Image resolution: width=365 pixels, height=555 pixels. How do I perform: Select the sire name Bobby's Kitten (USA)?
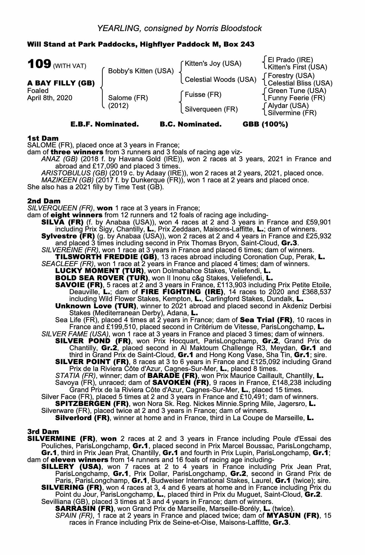pyautogui.click(x=141, y=71)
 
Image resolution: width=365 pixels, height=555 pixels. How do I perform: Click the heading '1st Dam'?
pyautogui.click(x=43, y=138)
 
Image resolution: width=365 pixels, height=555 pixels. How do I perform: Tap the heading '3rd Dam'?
pyautogui.click(x=43, y=432)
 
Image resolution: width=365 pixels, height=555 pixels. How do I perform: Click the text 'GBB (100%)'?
pyautogui.click(x=265, y=124)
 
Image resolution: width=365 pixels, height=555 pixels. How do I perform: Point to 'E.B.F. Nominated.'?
pyautogui.click(x=105, y=124)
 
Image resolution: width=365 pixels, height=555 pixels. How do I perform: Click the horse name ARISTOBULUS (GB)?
pyautogui.click(x=74, y=173)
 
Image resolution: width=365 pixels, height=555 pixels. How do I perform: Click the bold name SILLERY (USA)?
pyautogui.click(x=71, y=467)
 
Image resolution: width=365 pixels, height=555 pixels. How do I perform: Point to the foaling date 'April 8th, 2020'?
pyautogui.click(x=50, y=98)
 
